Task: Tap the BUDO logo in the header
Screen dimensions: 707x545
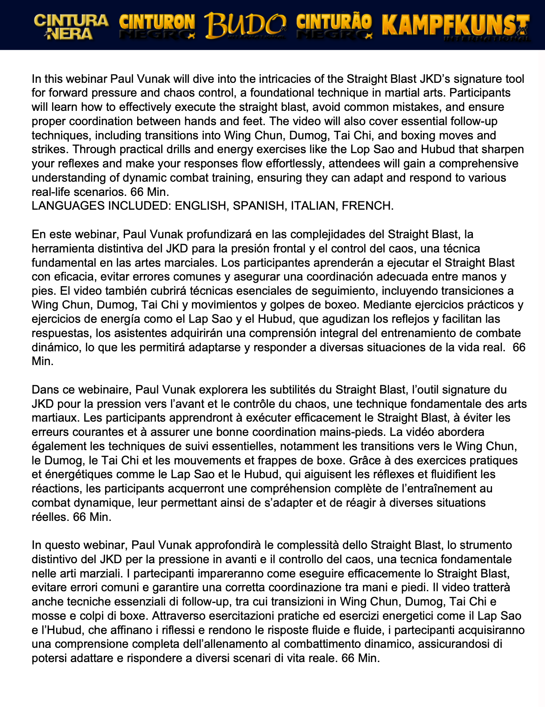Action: coord(245,26)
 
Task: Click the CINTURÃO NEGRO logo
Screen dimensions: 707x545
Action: coord(334,26)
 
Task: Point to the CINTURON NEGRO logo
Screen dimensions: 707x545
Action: coord(157,26)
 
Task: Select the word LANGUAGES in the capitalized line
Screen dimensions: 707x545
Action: coord(65,206)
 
